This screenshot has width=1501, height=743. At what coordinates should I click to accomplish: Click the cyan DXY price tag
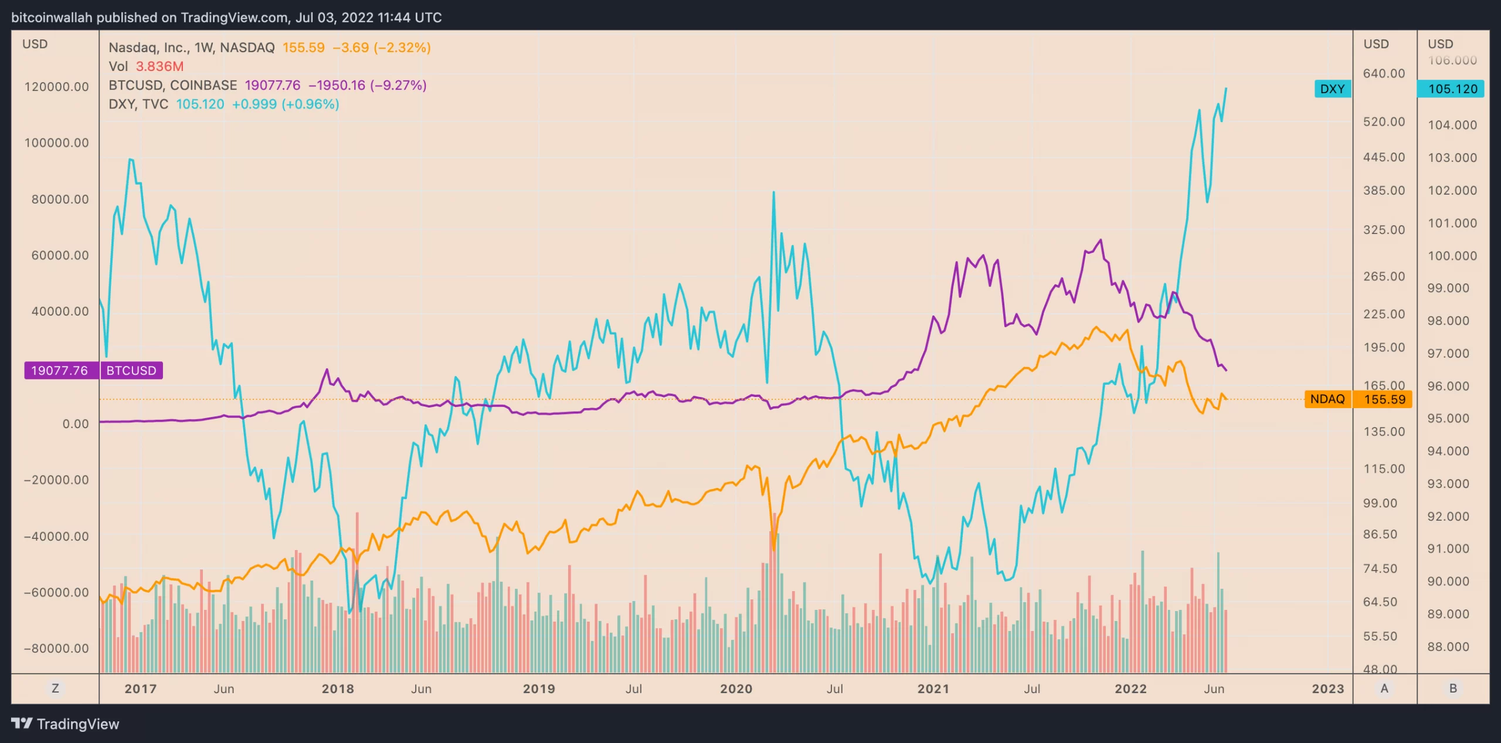click(x=1332, y=89)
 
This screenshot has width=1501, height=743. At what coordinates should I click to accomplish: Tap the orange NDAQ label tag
click(x=1327, y=399)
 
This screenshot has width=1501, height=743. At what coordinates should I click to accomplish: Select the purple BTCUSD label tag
click(x=131, y=371)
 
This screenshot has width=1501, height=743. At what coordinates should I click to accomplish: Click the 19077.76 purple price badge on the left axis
click(x=59, y=371)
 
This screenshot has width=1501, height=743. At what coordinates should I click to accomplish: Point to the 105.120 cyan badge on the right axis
click(x=1452, y=89)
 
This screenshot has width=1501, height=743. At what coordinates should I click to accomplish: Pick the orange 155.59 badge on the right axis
click(x=1384, y=399)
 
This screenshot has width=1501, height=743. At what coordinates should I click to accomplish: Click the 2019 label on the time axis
click(x=539, y=689)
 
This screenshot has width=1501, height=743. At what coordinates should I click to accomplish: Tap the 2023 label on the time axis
click(x=1328, y=689)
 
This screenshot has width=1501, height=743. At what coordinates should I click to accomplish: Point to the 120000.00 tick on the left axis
click(x=56, y=87)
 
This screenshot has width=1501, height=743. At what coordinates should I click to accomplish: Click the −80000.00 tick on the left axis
click(x=56, y=649)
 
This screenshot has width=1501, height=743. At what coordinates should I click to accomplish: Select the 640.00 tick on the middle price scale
click(x=1384, y=73)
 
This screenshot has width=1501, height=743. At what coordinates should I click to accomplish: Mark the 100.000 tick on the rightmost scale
click(x=1452, y=256)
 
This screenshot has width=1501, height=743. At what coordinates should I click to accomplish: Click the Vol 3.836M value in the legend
click(x=159, y=66)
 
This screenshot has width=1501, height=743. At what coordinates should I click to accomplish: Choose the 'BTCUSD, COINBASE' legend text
click(x=173, y=86)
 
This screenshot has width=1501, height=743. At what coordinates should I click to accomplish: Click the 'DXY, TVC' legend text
click(x=138, y=104)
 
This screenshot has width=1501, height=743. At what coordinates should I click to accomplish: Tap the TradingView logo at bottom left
click(x=65, y=724)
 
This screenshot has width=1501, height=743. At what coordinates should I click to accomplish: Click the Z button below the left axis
click(x=55, y=688)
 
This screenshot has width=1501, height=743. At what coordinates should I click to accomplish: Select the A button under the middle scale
click(x=1384, y=688)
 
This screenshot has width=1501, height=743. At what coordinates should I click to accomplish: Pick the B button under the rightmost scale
click(x=1453, y=688)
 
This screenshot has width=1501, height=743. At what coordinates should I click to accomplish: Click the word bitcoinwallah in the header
click(x=52, y=18)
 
